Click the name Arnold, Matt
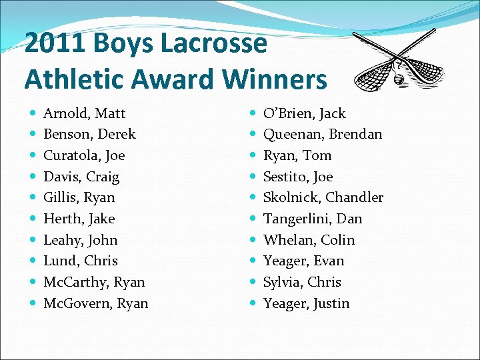tap(84, 113)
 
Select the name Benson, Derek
tap(89, 134)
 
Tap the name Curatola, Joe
tap(84, 155)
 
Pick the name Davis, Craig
tap(81, 177)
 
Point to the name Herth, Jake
tap(79, 219)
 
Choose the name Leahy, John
tap(80, 240)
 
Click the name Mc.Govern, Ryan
tap(95, 303)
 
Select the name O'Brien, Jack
tap(304, 113)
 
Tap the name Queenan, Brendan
tap(323, 134)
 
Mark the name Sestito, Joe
tap(297, 177)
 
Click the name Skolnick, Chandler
tap(323, 197)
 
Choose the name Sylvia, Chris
tap(302, 282)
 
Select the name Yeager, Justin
tap(306, 303)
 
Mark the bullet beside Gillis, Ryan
tap(33, 198)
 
